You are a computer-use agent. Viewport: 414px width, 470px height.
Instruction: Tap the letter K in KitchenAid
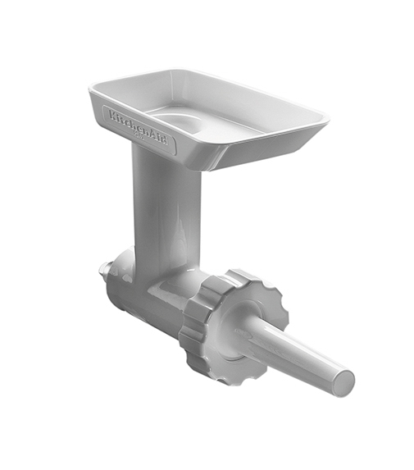pyautogui.click(x=110, y=112)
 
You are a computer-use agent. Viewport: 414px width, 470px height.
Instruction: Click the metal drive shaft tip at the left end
pyautogui.click(x=104, y=268)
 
